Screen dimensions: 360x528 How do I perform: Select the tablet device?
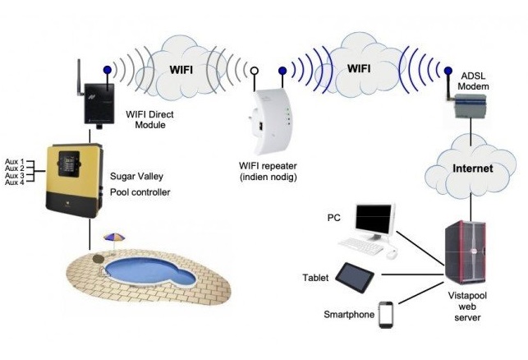coord(355,277)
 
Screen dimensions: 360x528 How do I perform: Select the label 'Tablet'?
coord(315,278)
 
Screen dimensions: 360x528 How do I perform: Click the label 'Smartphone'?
coord(349,314)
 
